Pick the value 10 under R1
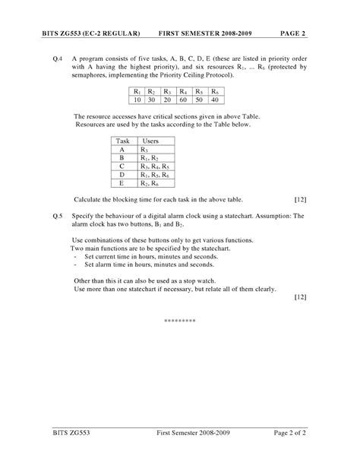pyautogui.click(x=137, y=100)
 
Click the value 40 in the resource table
pyautogui.click(x=214, y=100)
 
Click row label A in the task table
pyautogui.click(x=122, y=150)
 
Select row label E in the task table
pyautogui.click(x=122, y=183)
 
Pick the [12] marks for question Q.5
pyautogui.click(x=300, y=297)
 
